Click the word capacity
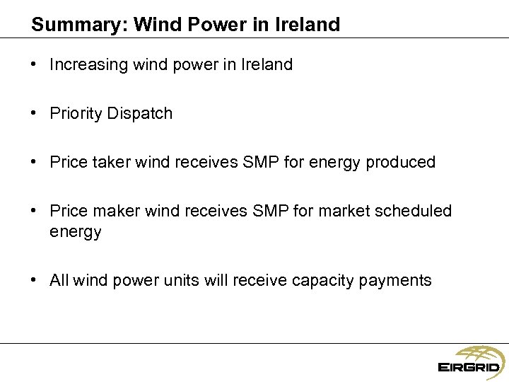[327, 280]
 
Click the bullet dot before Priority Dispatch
[35, 114]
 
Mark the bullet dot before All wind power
[35, 280]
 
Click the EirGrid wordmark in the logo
[469, 367]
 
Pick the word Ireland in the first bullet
[266, 65]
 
